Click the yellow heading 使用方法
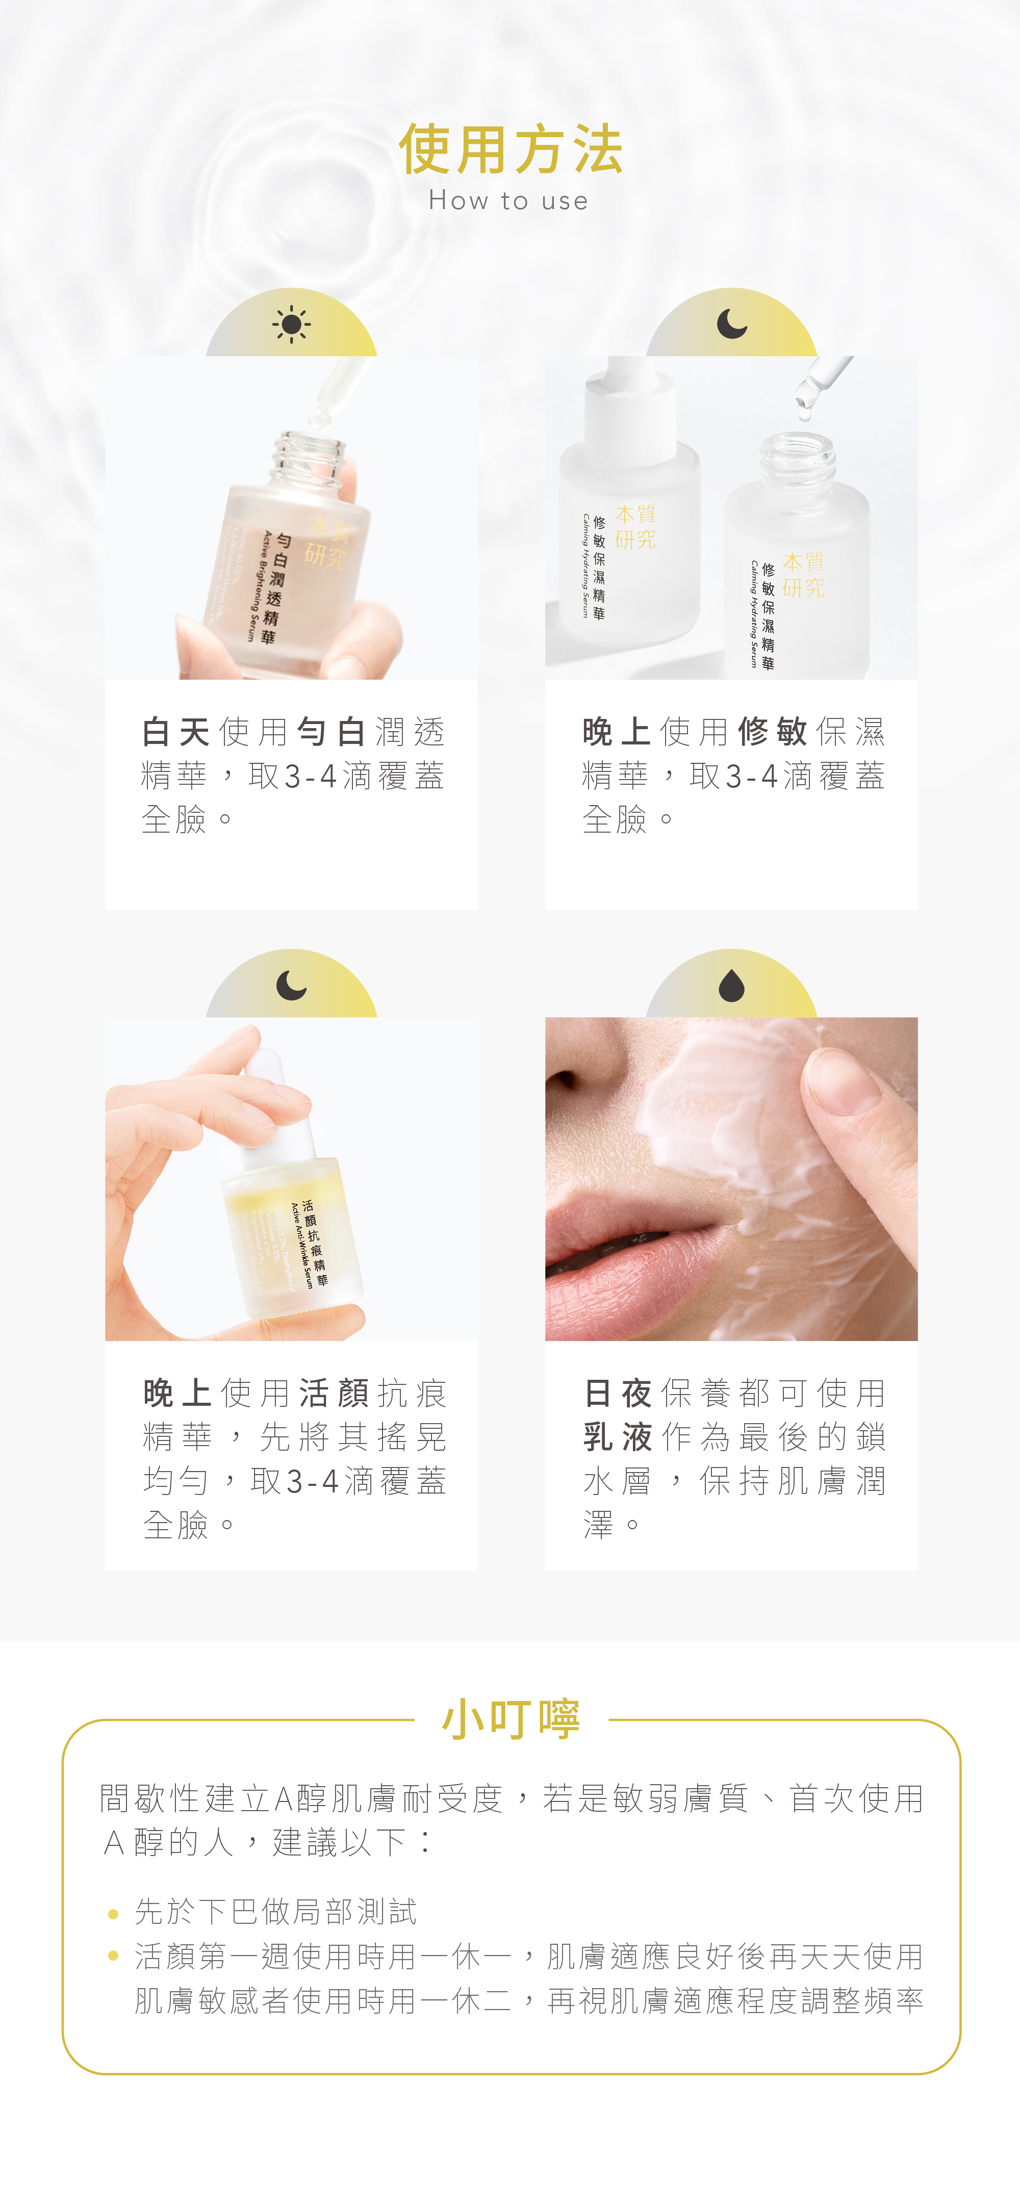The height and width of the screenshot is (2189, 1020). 510,149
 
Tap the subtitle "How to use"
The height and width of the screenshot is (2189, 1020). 508,200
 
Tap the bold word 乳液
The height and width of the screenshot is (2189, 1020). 618,1437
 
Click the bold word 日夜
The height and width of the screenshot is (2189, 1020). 618,1394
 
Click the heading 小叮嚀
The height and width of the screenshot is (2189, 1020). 511,1718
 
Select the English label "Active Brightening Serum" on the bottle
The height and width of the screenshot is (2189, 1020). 258,586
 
